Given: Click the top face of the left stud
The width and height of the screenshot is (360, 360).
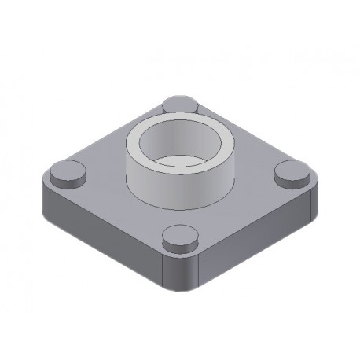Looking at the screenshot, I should click(x=64, y=167).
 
